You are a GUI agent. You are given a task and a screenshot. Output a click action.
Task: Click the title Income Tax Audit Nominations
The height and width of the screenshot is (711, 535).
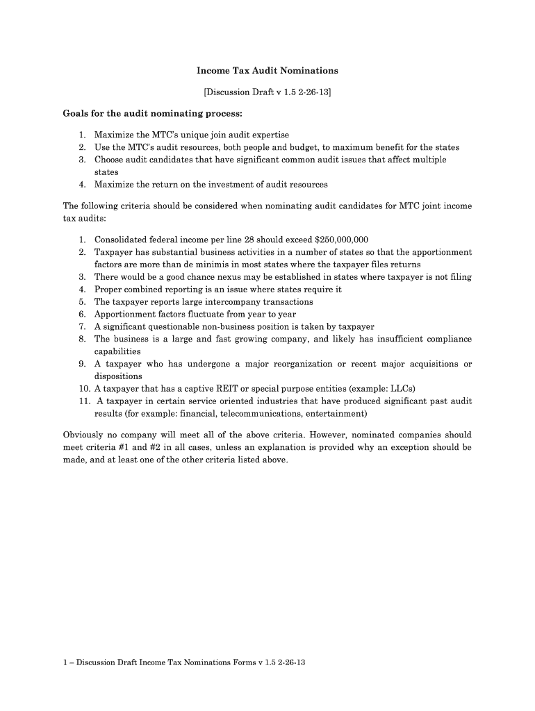pos(267,71)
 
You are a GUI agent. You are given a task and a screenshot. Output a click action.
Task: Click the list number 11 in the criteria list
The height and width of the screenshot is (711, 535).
pos(83,401)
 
